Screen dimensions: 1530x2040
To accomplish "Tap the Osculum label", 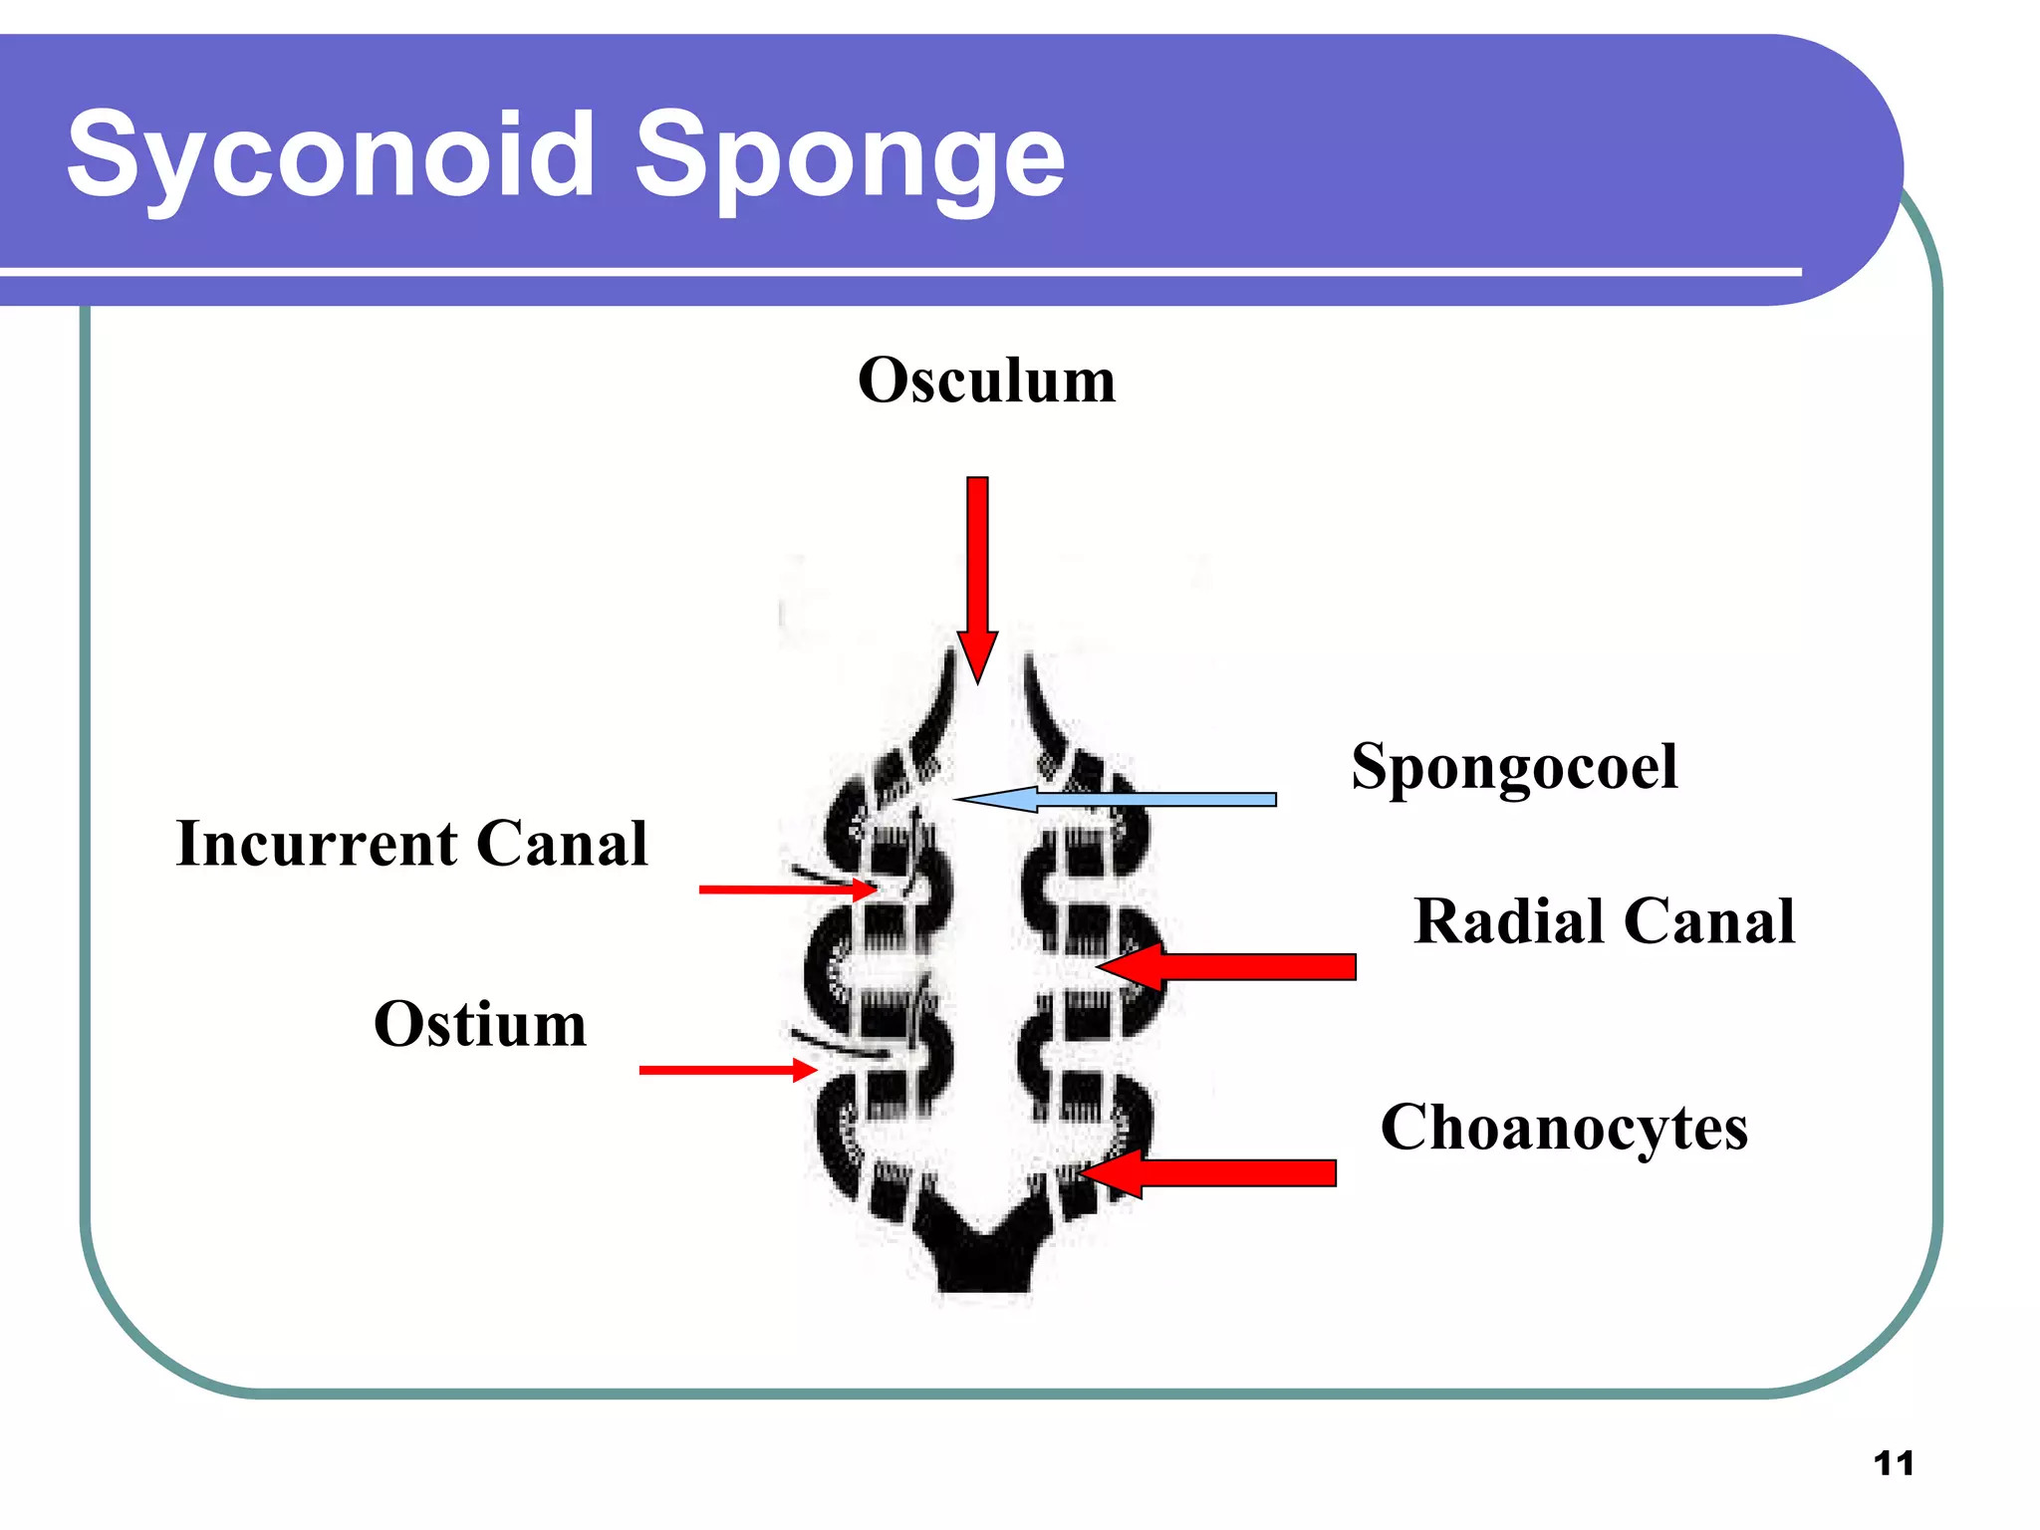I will (x=986, y=381).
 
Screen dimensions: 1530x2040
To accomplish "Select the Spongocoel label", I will (x=1514, y=767).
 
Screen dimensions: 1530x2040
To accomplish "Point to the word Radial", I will (x=1509, y=920).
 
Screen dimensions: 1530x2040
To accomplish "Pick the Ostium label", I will (x=480, y=1024).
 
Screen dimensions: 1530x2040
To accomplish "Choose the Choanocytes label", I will (x=1564, y=1128).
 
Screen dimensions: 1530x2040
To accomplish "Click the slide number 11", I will (x=1894, y=1463).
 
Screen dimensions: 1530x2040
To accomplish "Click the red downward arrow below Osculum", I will (x=978, y=568).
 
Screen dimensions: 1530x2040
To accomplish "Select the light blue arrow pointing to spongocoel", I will (x=1116, y=799).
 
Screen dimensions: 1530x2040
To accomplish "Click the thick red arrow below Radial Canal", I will (x=1235, y=966).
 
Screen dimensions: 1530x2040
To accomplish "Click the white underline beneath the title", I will (x=896, y=271).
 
